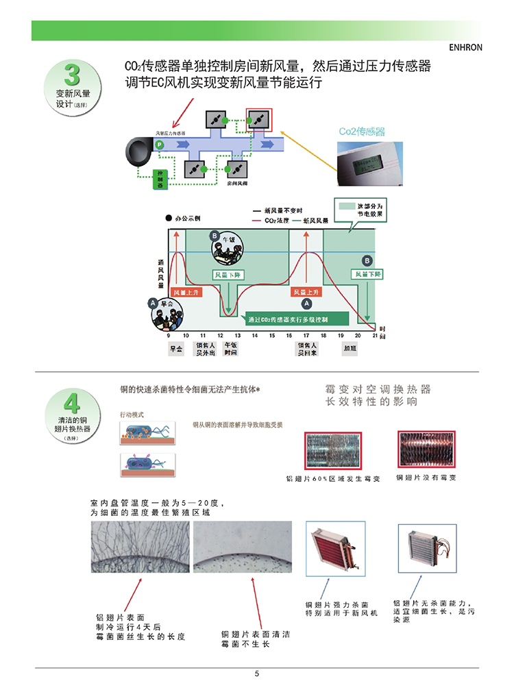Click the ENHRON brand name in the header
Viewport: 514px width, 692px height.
click(465, 49)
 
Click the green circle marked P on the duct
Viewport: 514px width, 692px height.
click(159, 145)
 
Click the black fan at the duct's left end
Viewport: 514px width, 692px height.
click(138, 151)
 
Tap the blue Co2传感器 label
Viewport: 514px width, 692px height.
click(362, 131)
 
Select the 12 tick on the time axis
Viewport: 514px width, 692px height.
click(220, 336)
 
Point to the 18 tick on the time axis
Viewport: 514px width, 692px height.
click(341, 336)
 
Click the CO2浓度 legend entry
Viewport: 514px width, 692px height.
click(271, 221)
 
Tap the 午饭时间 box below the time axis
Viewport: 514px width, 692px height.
click(230, 349)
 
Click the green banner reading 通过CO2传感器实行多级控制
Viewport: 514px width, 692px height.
click(296, 319)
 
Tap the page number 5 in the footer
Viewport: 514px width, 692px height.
click(257, 674)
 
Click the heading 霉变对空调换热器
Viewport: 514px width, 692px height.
click(378, 389)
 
